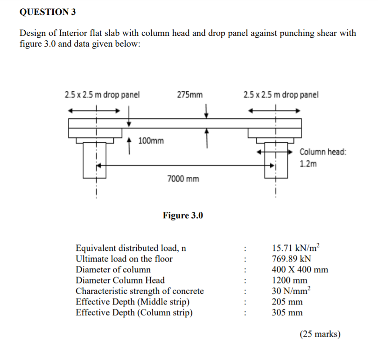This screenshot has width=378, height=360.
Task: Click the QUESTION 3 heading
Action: pyautogui.click(x=48, y=13)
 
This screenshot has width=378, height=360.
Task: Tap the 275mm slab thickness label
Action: pyautogui.click(x=190, y=95)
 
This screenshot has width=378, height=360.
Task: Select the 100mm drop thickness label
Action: pyautogui.click(x=151, y=140)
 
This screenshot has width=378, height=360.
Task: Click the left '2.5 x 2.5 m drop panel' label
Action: pyautogui.click(x=102, y=95)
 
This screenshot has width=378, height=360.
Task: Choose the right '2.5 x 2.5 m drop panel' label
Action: pyautogui.click(x=281, y=95)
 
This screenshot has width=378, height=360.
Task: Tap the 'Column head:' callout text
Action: pyautogui.click(x=322, y=152)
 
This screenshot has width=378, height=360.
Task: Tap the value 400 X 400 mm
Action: pyautogui.click(x=300, y=270)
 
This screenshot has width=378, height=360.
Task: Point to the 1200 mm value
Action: pyautogui.click(x=289, y=281)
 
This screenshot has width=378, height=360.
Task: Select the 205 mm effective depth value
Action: pyautogui.click(x=287, y=302)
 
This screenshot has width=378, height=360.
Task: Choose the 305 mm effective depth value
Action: pyautogui.click(x=287, y=312)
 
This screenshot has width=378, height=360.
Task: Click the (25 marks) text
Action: pyautogui.click(x=320, y=334)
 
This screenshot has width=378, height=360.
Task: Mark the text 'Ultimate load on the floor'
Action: pyautogui.click(x=124, y=259)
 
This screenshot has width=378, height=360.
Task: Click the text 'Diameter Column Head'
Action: pyautogui.click(x=120, y=280)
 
